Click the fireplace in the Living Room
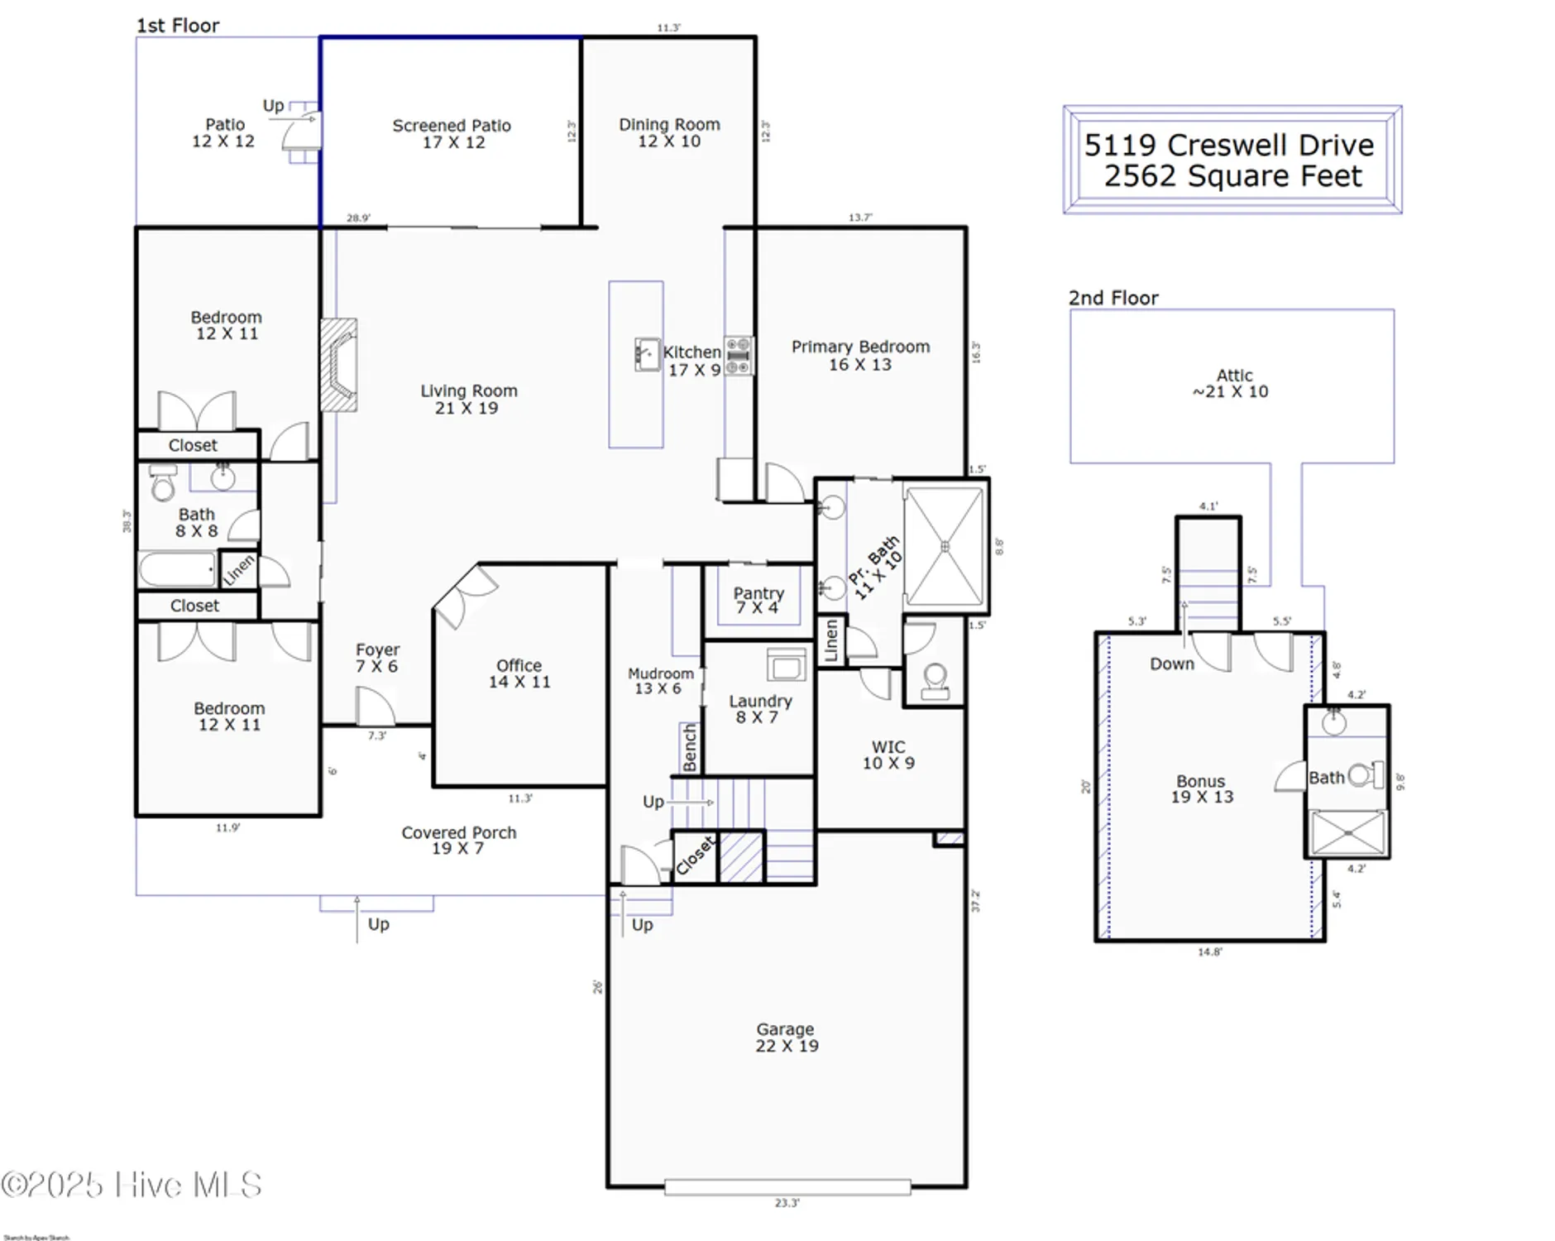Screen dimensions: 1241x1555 coord(339,365)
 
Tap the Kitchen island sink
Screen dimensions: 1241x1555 coord(647,354)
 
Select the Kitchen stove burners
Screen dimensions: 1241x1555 coord(739,356)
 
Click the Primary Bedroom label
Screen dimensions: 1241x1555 coord(860,355)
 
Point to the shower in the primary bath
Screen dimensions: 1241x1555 coord(945,546)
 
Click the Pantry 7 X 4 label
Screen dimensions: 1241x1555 coord(758,600)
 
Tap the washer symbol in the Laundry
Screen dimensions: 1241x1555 coord(786,664)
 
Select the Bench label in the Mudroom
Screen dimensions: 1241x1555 coord(690,748)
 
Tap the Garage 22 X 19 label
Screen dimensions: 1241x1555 coord(786,1037)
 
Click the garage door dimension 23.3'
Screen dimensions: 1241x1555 coord(787,1203)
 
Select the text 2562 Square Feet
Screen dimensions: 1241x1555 coord(1232,176)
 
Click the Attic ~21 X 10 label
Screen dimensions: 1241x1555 coord(1232,383)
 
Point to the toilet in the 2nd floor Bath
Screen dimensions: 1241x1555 coord(1365,775)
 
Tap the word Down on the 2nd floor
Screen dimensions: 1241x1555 coord(1171,664)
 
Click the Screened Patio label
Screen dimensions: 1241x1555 coord(452,133)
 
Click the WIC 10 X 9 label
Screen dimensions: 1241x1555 coord(888,755)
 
